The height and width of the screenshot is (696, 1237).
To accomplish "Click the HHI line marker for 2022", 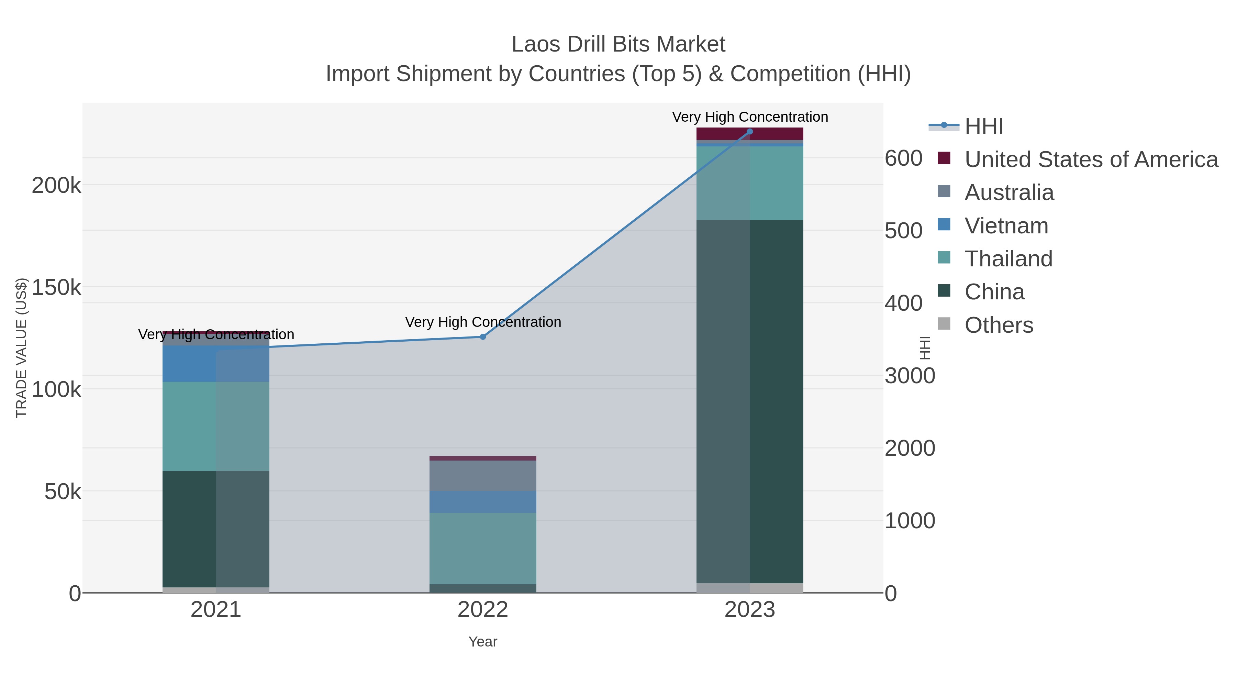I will tap(483, 337).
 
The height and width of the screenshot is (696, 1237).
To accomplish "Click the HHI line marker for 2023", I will tap(750, 132).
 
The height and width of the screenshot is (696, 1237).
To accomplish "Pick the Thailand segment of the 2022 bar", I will tap(483, 548).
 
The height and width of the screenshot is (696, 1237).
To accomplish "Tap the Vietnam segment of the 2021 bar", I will tap(216, 364).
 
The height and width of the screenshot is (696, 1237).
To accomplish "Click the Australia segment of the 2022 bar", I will tap(483, 476).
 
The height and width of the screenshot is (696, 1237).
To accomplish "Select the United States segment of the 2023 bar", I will tap(750, 134).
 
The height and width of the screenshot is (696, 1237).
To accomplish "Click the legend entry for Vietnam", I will tap(1006, 226).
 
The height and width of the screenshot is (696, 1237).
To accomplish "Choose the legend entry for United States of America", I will tap(1090, 159).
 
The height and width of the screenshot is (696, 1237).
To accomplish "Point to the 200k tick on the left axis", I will tap(57, 185).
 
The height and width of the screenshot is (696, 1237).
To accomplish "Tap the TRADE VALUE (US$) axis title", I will tap(22, 348).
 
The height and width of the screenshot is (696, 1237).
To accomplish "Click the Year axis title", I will tap(483, 642).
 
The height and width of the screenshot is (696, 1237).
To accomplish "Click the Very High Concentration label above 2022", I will tap(483, 322).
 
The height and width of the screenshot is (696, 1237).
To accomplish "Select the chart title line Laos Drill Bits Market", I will tap(618, 44).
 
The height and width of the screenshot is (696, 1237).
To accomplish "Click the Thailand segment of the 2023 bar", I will tap(750, 183).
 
